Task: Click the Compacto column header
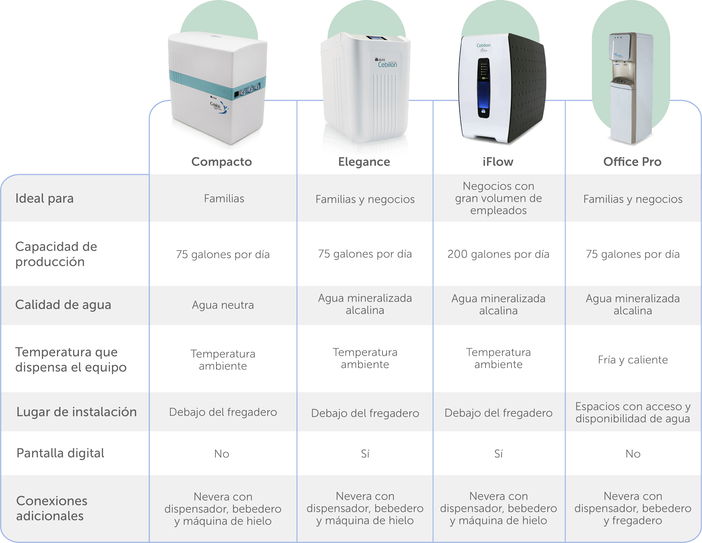[222, 162]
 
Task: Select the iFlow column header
[498, 162]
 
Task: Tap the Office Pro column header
[632, 162]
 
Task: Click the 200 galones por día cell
[498, 254]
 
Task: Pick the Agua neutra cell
[223, 305]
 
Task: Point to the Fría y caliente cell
[633, 360]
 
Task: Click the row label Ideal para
[45, 199]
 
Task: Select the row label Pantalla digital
[61, 453]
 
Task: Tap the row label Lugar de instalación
[76, 412]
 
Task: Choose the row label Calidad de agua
[63, 305]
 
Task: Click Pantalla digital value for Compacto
[222, 454]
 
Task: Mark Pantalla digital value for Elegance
[365, 454]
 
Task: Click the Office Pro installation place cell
[633, 412]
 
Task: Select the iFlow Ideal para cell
[498, 198]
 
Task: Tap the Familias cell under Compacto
[224, 199]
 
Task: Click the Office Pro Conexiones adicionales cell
[633, 508]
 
